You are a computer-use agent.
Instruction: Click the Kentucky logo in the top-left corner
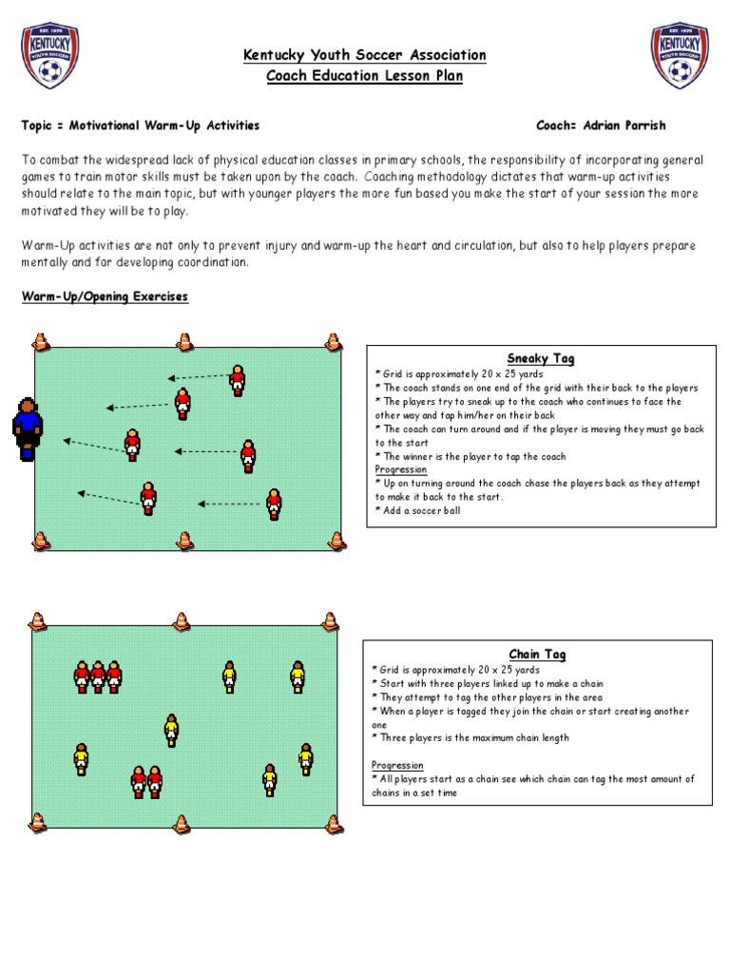pos(49,55)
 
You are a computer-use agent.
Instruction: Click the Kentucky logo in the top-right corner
pos(679,55)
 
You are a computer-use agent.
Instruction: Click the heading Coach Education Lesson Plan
pos(365,77)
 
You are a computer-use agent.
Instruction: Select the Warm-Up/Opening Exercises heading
pos(105,297)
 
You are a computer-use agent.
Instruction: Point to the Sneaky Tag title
pos(541,358)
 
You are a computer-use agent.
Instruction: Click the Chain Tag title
pos(537,655)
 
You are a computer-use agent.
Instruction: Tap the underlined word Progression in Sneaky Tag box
pos(401,469)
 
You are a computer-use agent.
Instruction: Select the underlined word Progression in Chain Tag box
pos(397,765)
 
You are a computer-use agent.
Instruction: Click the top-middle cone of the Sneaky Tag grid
pos(185,341)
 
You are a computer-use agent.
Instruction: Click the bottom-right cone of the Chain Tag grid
pos(331,821)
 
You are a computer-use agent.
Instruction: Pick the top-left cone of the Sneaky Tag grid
pos(40,341)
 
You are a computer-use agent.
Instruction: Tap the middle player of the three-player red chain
pos(98,677)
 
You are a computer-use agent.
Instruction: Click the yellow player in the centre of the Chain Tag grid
pos(171,730)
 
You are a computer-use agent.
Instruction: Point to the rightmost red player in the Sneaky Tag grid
pos(274,504)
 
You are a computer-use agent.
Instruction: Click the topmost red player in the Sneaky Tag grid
pos(237,381)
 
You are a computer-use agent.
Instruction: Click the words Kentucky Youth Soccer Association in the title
pos(365,55)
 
